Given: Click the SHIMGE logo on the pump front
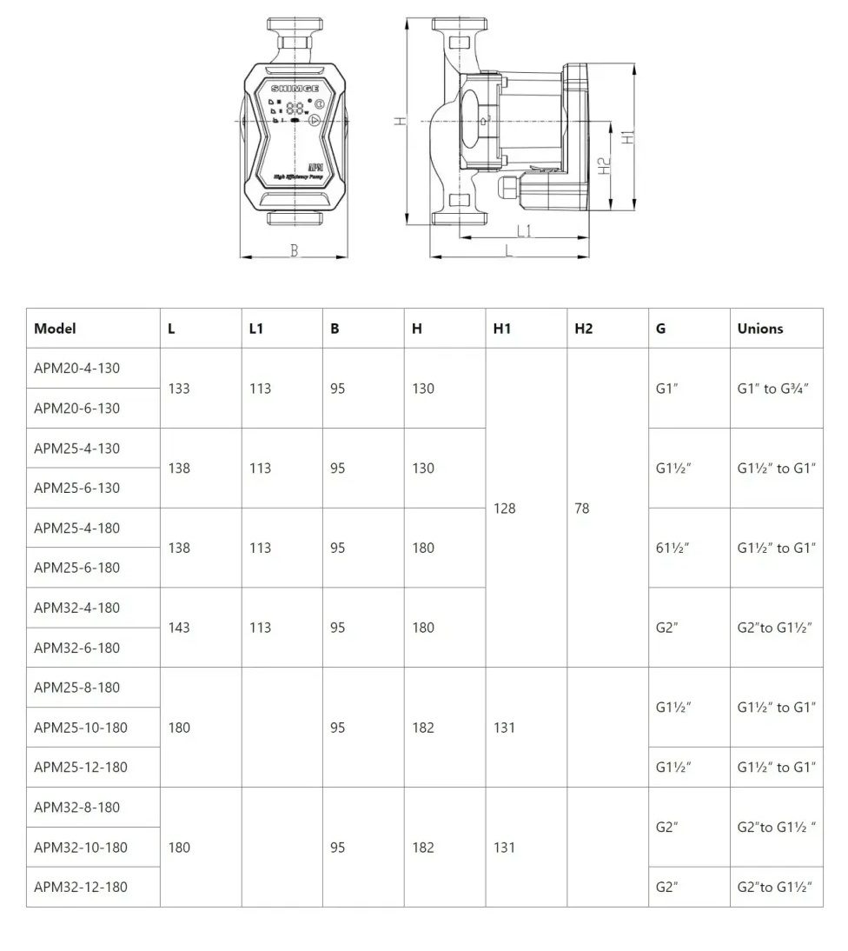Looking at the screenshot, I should (x=295, y=89).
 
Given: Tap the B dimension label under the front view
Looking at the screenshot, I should (x=295, y=250).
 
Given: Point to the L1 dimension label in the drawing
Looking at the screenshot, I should (x=524, y=230).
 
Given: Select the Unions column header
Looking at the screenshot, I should (x=760, y=329).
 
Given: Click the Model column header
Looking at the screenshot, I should (x=55, y=329).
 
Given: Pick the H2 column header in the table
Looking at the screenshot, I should (x=583, y=329).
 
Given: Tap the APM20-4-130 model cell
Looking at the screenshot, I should (x=77, y=368).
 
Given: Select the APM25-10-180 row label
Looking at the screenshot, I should (x=81, y=728).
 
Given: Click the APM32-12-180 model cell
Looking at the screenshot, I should (x=81, y=888).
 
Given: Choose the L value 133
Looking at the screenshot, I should (x=179, y=389).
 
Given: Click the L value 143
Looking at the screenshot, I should (x=179, y=628).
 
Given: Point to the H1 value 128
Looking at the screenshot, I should (x=504, y=508).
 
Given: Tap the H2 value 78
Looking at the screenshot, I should (x=581, y=508).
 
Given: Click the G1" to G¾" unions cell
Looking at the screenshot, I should (x=773, y=389).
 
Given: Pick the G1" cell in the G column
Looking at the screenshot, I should (x=666, y=389).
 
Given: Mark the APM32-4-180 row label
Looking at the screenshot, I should (x=77, y=608).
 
